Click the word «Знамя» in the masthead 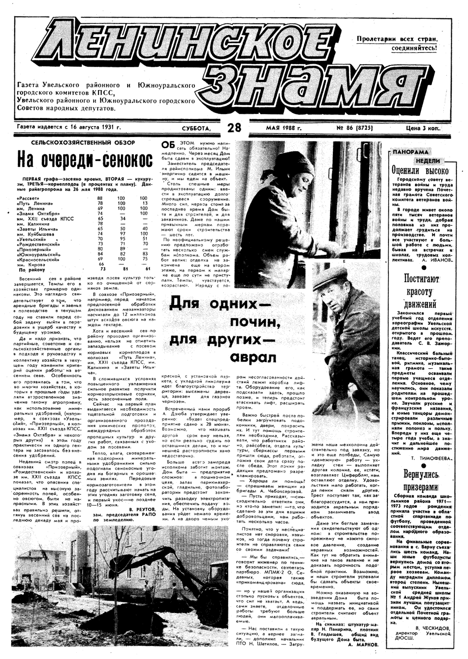[x=302, y=85]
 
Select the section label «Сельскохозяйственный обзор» [x=83, y=143]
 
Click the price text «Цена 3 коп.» [x=424, y=128]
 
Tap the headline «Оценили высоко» [x=420, y=171]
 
